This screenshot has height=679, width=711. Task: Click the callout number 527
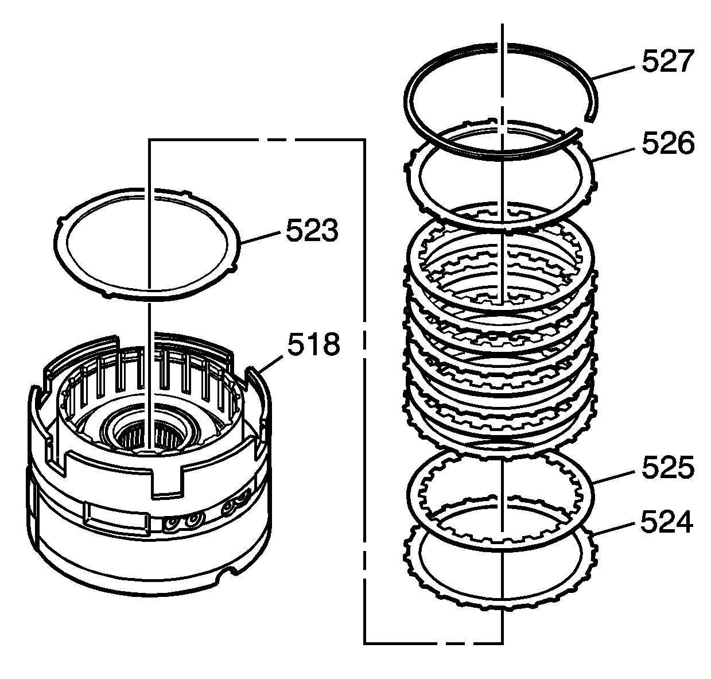click(x=667, y=61)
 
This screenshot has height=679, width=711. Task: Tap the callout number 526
click(x=667, y=143)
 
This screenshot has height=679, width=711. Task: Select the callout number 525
click(x=667, y=469)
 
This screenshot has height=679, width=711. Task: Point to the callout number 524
click(x=667, y=522)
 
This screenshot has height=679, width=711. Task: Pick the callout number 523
click(x=312, y=231)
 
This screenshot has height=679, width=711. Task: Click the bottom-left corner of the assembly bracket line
click(x=365, y=642)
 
